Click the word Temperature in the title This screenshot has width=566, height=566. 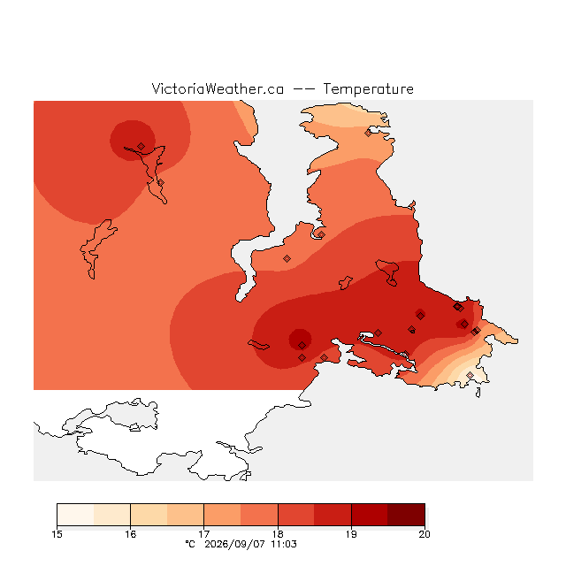[368, 88]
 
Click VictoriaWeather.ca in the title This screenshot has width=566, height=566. [218, 88]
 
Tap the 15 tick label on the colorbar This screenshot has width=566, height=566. [57, 534]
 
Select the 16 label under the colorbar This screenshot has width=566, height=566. [130, 534]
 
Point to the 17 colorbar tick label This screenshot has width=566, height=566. [204, 534]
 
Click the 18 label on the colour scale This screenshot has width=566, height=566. [278, 534]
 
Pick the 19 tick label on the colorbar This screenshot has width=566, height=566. [351, 534]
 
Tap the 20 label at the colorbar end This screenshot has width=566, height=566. [424, 534]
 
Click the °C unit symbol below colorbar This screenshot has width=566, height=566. [190, 544]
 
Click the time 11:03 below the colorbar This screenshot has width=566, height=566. [284, 544]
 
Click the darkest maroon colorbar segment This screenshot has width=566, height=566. [406, 515]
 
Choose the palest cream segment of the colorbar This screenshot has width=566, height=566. [75, 515]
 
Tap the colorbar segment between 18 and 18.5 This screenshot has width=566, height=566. [296, 515]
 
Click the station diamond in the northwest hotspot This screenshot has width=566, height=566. [141, 146]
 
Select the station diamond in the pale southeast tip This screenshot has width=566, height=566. [470, 375]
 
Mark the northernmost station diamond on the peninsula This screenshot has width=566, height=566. [368, 134]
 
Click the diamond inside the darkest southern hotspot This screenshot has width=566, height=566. [302, 346]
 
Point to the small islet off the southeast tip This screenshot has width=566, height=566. [478, 393]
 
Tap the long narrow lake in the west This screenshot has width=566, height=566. [96, 249]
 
